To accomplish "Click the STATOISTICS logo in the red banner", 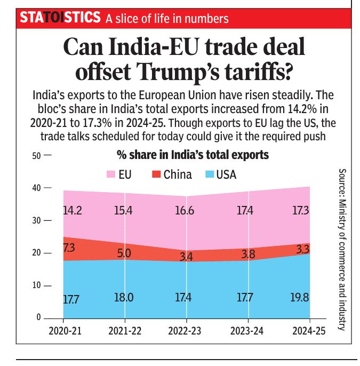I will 60,17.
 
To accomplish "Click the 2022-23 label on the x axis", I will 186,331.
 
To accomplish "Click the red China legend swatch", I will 156,174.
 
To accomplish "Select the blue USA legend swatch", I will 209,174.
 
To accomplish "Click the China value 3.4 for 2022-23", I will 186,257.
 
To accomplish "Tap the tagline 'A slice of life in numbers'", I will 167,19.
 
